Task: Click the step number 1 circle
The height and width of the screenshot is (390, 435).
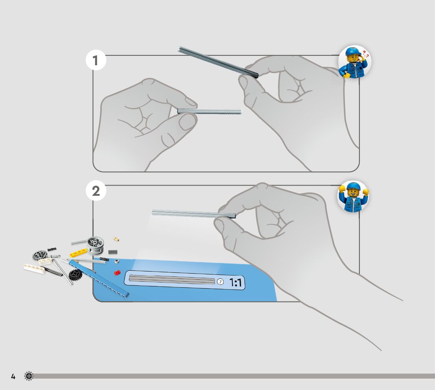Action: tap(96, 61)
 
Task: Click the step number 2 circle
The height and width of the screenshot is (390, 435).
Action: tap(96, 191)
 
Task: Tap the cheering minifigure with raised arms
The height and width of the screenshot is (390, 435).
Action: tap(353, 197)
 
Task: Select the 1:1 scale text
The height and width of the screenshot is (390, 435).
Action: tap(235, 282)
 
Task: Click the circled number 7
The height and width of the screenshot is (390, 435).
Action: tap(220, 281)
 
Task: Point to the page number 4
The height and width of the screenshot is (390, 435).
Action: tap(13, 377)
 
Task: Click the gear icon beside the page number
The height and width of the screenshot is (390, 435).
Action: tap(29, 376)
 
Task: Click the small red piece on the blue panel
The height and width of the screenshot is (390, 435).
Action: tap(117, 272)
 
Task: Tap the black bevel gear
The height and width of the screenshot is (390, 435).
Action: tap(75, 275)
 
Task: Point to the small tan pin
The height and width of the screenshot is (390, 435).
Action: tap(116, 239)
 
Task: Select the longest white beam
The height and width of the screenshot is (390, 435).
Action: tap(35, 269)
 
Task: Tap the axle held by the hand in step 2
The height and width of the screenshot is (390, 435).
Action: tap(193, 213)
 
